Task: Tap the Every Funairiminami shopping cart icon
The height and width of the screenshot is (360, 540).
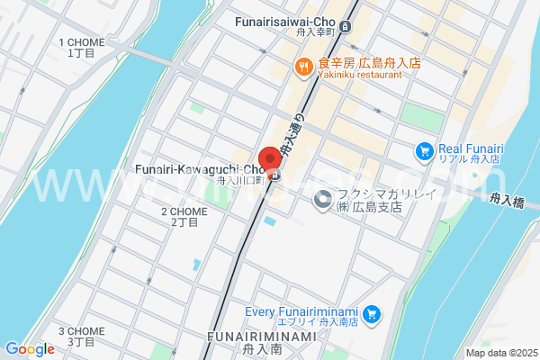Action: click(x=372, y=315)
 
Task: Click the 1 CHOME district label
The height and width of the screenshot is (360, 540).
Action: click(x=82, y=48)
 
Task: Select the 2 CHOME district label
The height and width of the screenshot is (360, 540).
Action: click(x=184, y=216)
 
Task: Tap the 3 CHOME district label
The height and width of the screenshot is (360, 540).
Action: click(x=82, y=336)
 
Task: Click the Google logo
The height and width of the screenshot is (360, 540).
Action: click(x=30, y=349)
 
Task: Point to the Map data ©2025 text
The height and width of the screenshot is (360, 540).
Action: click(x=499, y=353)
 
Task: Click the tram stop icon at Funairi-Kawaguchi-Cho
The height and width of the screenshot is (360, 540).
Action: click(x=274, y=175)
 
